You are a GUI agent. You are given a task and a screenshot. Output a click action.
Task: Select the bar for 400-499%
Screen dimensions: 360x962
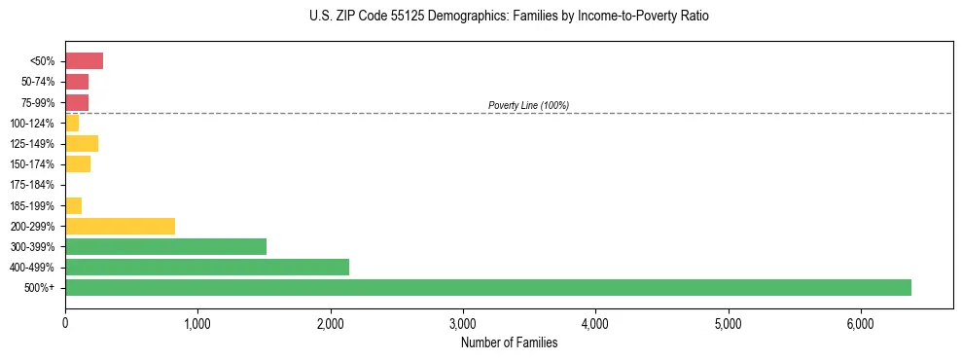[x=207, y=267]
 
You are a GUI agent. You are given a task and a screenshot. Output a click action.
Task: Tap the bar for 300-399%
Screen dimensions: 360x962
[x=165, y=246]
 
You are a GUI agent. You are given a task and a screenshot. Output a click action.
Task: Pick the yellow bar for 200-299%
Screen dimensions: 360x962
[x=120, y=226]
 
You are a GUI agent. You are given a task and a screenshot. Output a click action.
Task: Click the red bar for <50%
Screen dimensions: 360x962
[x=84, y=61]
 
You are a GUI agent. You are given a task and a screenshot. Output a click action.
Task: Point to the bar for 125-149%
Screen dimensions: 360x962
[x=82, y=144]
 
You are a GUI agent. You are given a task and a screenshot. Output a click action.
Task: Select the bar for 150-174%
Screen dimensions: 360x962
[x=78, y=164]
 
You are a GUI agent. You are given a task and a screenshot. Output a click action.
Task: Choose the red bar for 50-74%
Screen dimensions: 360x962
[x=77, y=82]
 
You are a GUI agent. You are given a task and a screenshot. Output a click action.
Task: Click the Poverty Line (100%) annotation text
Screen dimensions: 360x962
[x=528, y=105]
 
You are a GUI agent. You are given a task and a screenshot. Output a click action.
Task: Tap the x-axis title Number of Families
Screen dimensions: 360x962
[x=509, y=342]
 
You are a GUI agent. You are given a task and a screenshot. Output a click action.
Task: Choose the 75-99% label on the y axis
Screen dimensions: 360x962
[x=38, y=103]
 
